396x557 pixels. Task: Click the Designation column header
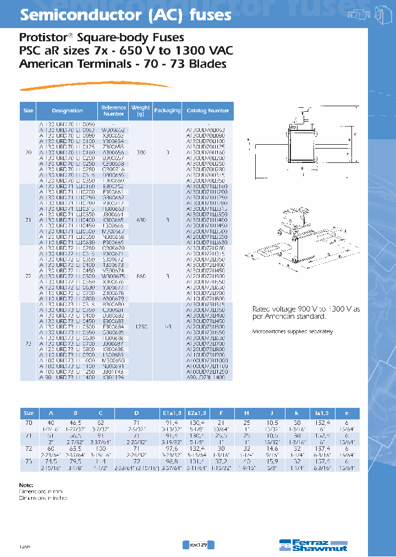point(67,111)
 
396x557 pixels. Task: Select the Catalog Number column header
point(207,111)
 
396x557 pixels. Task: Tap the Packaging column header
point(167,111)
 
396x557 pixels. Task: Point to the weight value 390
point(141,152)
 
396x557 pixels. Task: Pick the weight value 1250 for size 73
point(141,326)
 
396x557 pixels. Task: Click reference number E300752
point(113,187)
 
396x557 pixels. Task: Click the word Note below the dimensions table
point(26,484)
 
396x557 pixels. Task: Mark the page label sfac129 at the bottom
point(197,544)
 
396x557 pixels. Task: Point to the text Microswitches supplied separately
point(292,332)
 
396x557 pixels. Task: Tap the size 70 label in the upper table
point(29,152)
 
